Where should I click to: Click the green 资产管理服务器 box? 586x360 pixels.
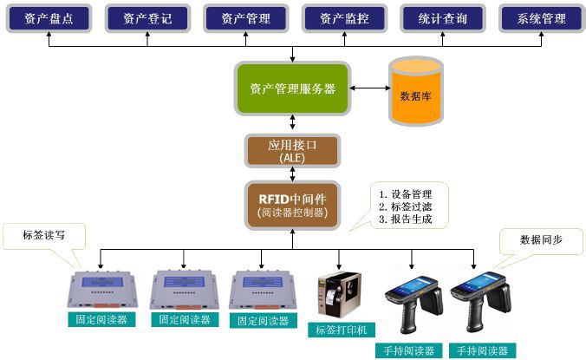click(292, 88)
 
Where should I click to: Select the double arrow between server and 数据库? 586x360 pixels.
click(368, 88)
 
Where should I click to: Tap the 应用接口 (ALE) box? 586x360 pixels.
click(292, 151)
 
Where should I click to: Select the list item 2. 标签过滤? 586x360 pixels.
click(406, 207)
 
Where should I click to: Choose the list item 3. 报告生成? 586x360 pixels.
click(406, 220)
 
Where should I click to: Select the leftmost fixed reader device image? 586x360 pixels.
click(102, 288)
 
